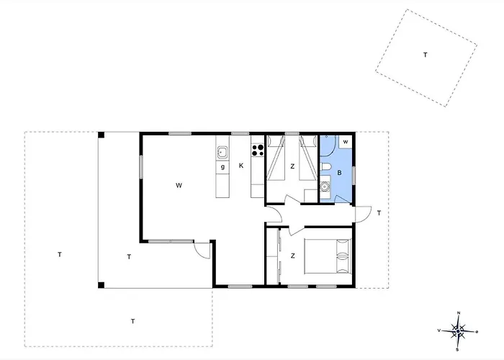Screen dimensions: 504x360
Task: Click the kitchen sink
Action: [222, 153]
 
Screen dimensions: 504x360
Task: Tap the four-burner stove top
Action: [258, 150]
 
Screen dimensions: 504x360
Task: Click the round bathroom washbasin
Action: [325, 186]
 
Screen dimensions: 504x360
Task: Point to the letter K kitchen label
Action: [241, 166]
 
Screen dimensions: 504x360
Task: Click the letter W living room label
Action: [179, 185]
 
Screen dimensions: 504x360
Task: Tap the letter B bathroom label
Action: [339, 173]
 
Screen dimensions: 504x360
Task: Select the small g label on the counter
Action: [222, 167]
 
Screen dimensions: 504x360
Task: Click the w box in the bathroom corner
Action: [346, 142]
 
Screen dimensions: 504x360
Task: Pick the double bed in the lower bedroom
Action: [328, 256]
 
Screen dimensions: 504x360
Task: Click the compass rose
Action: [458, 331]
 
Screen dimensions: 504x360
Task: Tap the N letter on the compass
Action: [459, 312]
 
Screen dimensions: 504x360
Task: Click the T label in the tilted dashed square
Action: [426, 55]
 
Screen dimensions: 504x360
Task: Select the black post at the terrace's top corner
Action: [102, 135]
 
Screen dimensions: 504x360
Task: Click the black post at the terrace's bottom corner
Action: [102, 285]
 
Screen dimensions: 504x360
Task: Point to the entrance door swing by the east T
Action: [363, 215]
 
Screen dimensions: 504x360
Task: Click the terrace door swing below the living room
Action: [202, 250]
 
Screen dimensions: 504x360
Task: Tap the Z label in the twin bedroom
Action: [292, 166]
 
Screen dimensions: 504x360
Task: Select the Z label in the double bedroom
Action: [292, 256]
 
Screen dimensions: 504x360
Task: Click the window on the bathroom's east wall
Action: [354, 176]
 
